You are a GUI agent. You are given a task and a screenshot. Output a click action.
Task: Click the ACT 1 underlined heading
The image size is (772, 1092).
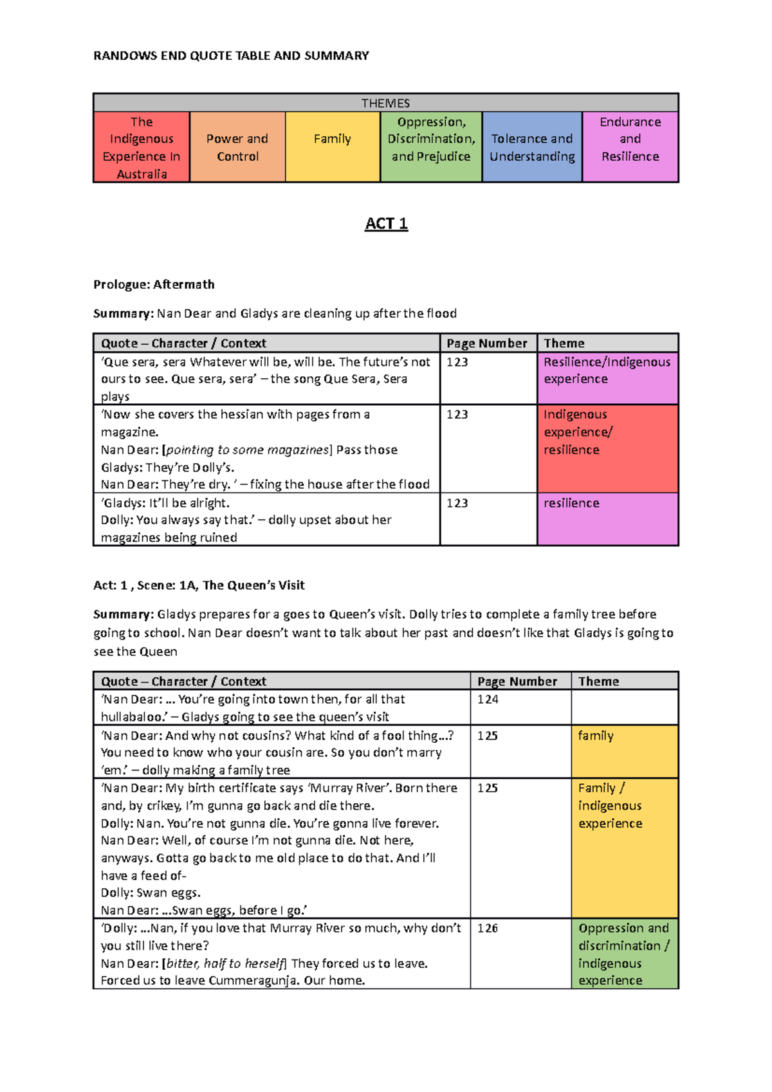point(386,224)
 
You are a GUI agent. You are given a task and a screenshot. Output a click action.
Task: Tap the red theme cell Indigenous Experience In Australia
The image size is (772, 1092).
point(142,147)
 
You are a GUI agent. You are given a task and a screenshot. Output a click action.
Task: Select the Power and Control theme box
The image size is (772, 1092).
point(237,147)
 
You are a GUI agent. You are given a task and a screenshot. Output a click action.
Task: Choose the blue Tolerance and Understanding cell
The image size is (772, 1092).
point(532,147)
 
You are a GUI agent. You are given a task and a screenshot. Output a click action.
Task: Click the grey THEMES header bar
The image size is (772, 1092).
point(385,103)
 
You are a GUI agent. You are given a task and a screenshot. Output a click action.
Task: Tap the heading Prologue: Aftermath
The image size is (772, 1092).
point(154,284)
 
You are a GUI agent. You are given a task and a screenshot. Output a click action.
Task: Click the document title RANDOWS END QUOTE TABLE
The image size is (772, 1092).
point(231,56)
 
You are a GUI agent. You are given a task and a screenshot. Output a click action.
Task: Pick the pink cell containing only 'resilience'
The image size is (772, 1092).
point(607,518)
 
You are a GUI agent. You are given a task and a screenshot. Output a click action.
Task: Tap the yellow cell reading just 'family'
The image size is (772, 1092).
point(624,751)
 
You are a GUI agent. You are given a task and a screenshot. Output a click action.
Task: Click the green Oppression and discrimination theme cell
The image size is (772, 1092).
point(624,954)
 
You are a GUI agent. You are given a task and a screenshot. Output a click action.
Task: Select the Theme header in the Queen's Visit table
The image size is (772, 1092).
point(598,682)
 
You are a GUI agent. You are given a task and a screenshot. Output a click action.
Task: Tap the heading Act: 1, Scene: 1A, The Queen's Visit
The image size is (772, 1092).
point(199,585)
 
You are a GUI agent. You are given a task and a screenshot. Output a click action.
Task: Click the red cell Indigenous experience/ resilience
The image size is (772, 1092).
point(607,448)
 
